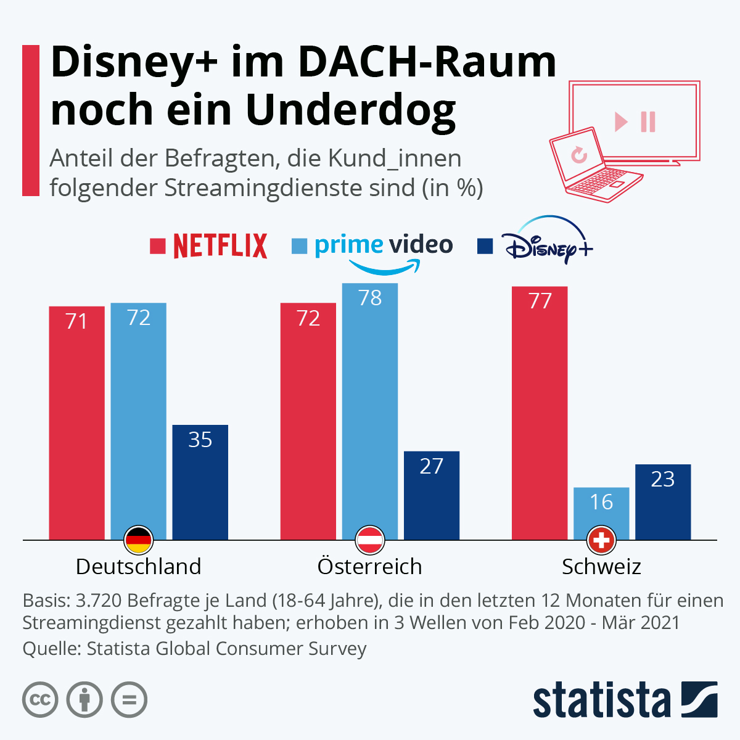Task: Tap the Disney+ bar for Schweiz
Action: click(x=663, y=502)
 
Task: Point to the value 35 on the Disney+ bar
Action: click(x=200, y=440)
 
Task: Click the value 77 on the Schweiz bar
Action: click(x=540, y=301)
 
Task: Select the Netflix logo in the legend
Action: click(x=220, y=246)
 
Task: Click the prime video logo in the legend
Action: click(x=384, y=250)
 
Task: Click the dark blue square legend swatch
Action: click(x=485, y=246)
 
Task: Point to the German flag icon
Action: click(x=138, y=541)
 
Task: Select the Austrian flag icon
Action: click(x=370, y=541)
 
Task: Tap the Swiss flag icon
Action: click(x=601, y=541)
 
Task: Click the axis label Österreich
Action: click(x=369, y=566)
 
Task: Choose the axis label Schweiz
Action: click(x=601, y=566)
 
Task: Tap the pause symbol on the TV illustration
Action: click(x=648, y=121)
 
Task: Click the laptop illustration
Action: click(x=592, y=166)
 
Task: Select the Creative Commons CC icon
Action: click(x=41, y=700)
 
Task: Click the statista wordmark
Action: click(x=601, y=700)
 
